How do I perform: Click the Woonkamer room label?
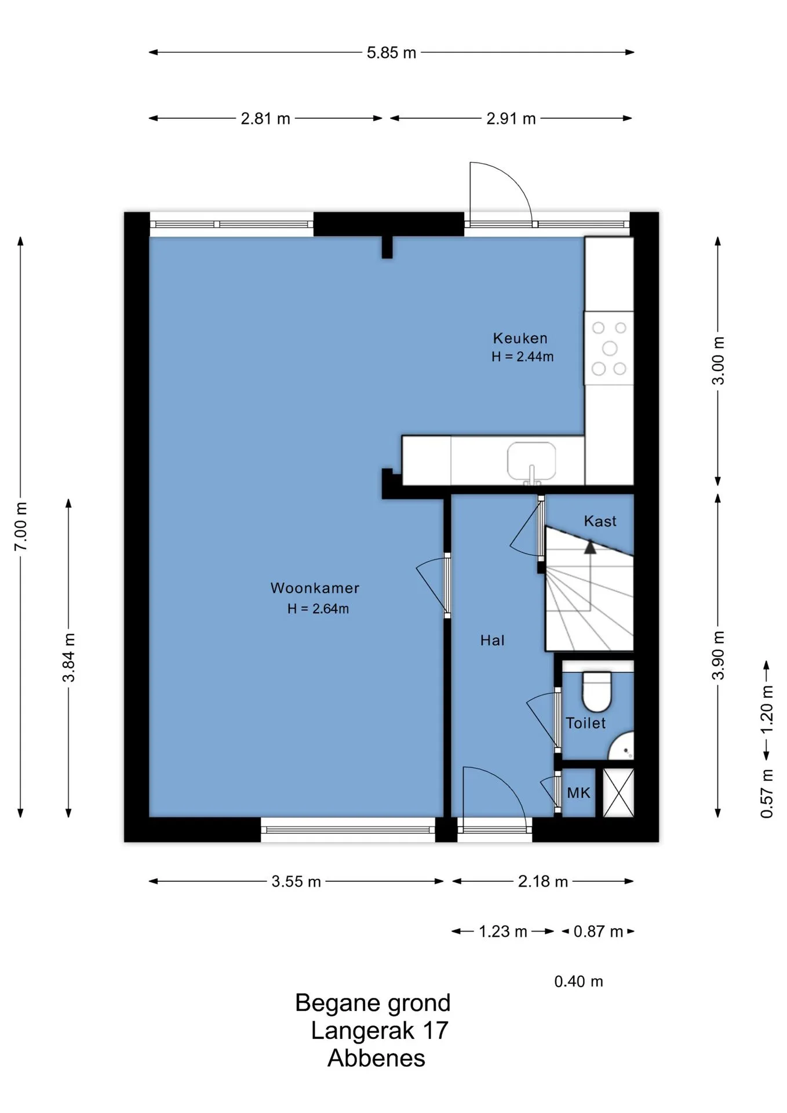click(x=315, y=588)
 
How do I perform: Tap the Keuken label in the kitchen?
click(x=520, y=338)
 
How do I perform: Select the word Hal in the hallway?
click(x=492, y=640)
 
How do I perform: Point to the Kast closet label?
click(x=600, y=521)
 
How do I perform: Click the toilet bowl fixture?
click(x=597, y=691)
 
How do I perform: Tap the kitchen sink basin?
click(x=531, y=461)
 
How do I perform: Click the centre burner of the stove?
click(x=610, y=348)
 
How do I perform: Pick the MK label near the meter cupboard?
click(x=578, y=792)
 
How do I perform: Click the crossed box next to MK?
click(x=618, y=792)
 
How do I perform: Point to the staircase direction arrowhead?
click(x=590, y=547)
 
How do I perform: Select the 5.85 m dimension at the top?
click(x=391, y=53)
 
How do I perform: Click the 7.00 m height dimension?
click(x=21, y=526)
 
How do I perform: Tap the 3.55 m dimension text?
click(x=296, y=882)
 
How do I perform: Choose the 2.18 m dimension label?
click(x=543, y=882)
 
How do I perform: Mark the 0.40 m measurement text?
click(x=578, y=981)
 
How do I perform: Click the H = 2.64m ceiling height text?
click(x=318, y=609)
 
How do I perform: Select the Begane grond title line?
click(x=373, y=1003)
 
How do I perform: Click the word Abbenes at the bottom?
click(x=376, y=1059)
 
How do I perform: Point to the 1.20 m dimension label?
click(x=767, y=709)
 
